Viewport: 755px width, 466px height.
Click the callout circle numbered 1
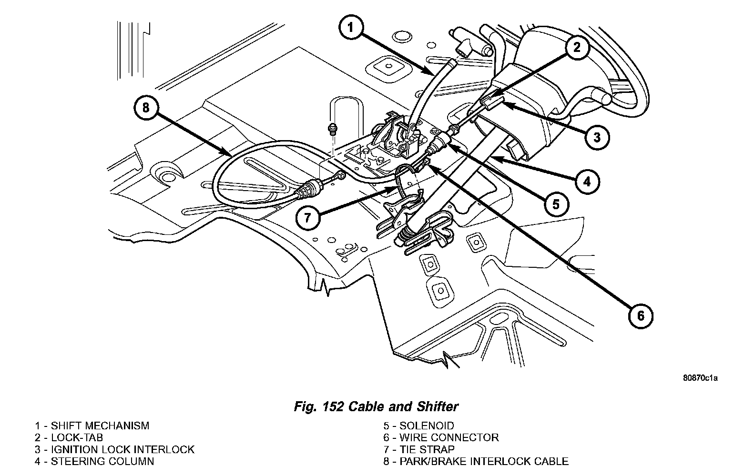[x=350, y=28]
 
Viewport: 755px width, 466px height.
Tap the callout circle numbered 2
[x=577, y=47]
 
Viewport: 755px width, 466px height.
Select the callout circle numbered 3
[x=597, y=137]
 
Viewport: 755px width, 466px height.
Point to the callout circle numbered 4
[x=587, y=181]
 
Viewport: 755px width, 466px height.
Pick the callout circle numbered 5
[x=556, y=204]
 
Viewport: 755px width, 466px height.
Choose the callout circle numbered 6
[x=640, y=315]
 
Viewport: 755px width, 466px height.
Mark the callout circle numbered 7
[x=307, y=218]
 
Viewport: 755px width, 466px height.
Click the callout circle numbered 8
[x=145, y=108]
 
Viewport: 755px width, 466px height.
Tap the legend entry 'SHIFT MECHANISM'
[x=100, y=425]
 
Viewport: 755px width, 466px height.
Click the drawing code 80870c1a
[x=700, y=378]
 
